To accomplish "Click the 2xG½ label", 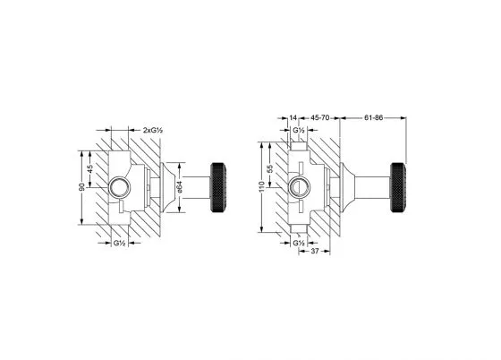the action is pyautogui.click(x=153, y=130).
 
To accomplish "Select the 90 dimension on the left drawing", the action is pyautogui.click(x=82, y=187).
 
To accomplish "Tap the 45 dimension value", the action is pyautogui.click(x=90, y=169).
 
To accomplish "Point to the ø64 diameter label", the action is pyautogui.click(x=180, y=187).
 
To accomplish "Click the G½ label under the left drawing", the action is pyautogui.click(x=119, y=243).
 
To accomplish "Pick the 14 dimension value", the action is pyautogui.click(x=293, y=117).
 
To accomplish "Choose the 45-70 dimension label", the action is pyautogui.click(x=320, y=117).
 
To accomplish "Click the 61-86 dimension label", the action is pyautogui.click(x=374, y=117).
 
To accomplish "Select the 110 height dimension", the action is pyautogui.click(x=262, y=187).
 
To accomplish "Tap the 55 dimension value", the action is pyautogui.click(x=270, y=169).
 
